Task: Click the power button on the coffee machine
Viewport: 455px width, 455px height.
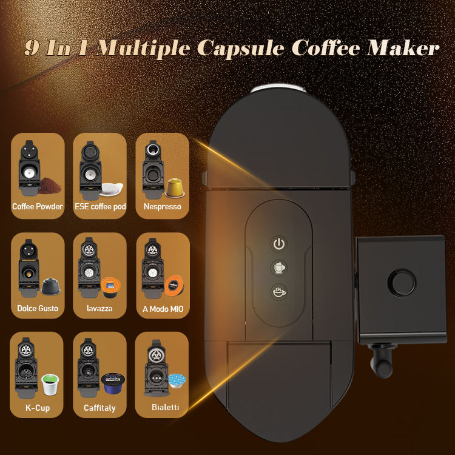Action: pyautogui.click(x=278, y=244)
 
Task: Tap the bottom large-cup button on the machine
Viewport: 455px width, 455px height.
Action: pyautogui.click(x=278, y=292)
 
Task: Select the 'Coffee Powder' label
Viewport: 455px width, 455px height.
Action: pyautogui.click(x=38, y=207)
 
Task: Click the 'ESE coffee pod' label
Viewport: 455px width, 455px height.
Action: pyautogui.click(x=100, y=207)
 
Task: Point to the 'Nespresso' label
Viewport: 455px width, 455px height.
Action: pyautogui.click(x=162, y=207)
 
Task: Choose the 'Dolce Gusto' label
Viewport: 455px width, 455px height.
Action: pyautogui.click(x=38, y=309)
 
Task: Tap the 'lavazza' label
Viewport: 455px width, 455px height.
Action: pyautogui.click(x=100, y=309)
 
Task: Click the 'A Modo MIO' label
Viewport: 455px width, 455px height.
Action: pyautogui.click(x=162, y=309)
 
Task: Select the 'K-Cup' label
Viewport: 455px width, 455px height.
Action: pyautogui.click(x=38, y=408)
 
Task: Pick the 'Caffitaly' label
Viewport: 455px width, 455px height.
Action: pyautogui.click(x=99, y=408)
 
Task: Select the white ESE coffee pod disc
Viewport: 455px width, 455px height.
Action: pyautogui.click(x=112, y=189)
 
